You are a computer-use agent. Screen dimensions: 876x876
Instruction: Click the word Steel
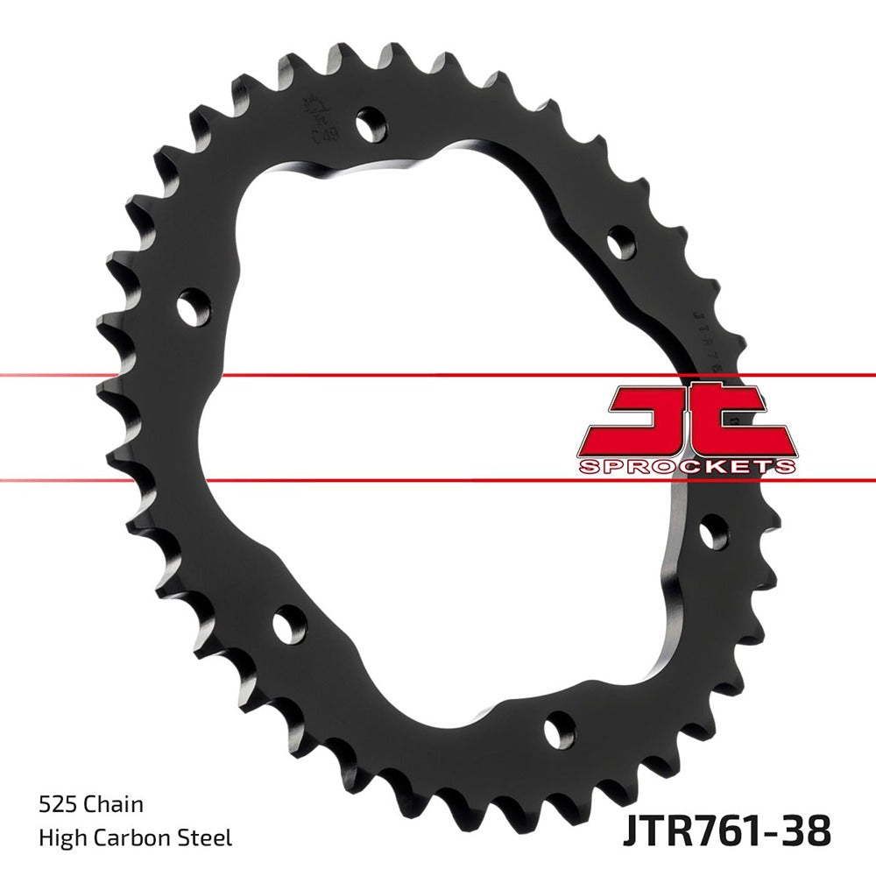207,838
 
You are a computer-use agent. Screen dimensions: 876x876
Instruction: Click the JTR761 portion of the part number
688,830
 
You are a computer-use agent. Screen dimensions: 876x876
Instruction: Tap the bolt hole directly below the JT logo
714,532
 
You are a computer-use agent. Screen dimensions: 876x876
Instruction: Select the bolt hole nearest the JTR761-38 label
558,729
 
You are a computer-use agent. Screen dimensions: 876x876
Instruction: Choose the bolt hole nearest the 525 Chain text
288,625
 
